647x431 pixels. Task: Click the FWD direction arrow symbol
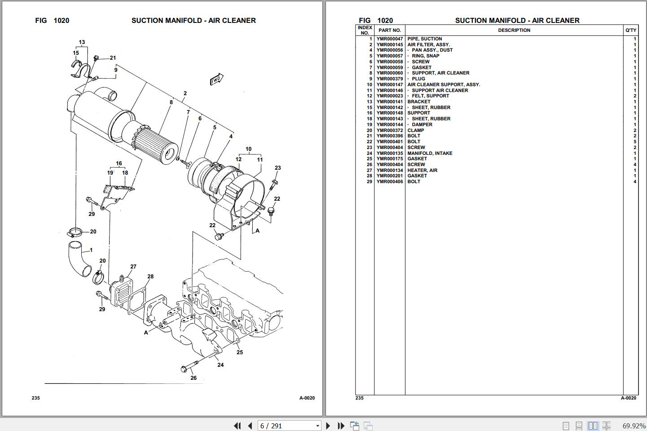tap(216, 79)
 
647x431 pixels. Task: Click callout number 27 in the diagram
tap(133, 267)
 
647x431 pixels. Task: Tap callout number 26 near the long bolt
tap(194, 378)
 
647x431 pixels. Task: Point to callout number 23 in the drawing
tap(277, 168)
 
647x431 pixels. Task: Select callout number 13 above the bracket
tap(82, 43)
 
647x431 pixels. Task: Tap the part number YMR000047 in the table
tap(389, 39)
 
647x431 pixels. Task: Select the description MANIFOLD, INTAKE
tap(430, 153)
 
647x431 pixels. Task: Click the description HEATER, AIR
tap(422, 170)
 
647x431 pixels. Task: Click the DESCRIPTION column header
tap(514, 30)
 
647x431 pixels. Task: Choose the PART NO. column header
tap(389, 30)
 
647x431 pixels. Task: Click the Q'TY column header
tap(630, 30)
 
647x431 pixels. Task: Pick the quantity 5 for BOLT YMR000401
tap(634, 142)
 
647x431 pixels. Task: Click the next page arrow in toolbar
tap(328, 426)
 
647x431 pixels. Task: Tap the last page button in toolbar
tap(341, 426)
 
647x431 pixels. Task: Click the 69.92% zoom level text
tap(634, 426)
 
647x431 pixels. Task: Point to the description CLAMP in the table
tap(416, 130)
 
